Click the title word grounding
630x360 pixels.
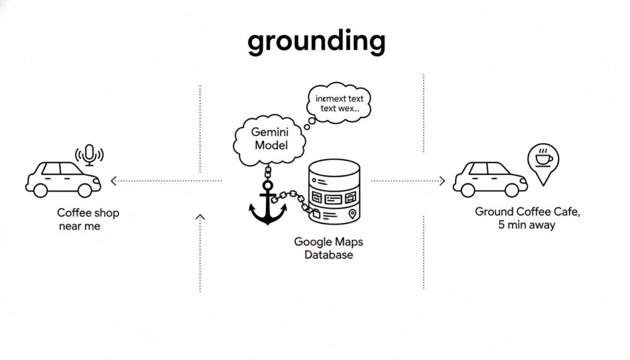click(316, 42)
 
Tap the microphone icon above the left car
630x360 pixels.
click(90, 154)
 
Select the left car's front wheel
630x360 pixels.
click(85, 190)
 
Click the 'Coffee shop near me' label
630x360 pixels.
click(88, 219)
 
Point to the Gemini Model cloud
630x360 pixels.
click(269, 140)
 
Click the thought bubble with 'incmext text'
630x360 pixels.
click(338, 103)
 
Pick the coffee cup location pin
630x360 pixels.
click(543, 161)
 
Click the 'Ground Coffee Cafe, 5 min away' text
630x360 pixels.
click(527, 218)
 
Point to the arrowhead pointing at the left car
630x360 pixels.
click(113, 181)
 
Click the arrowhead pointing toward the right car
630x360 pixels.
click(441, 181)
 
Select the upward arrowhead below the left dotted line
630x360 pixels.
click(200, 217)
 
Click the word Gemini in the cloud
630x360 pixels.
click(269, 132)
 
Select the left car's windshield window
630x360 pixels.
click(71, 169)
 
